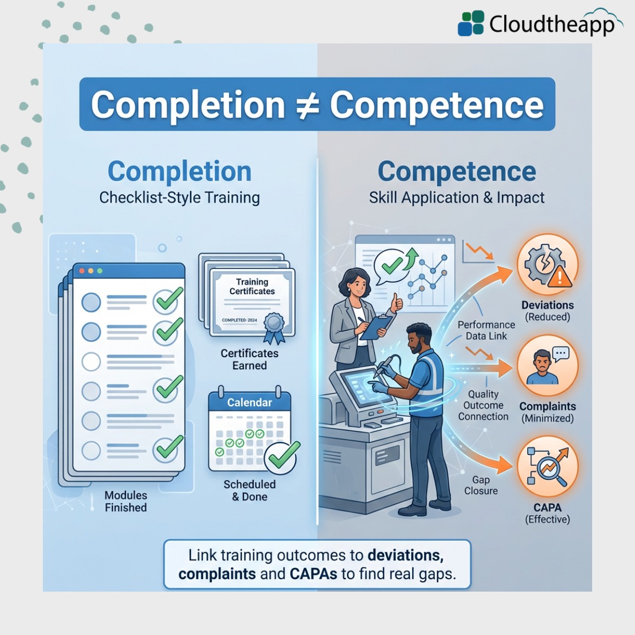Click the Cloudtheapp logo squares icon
click(x=470, y=23)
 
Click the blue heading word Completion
click(x=179, y=171)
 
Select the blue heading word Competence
click(x=457, y=171)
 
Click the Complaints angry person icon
click(x=547, y=365)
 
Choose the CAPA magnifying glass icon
click(x=547, y=466)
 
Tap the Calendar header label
click(x=249, y=402)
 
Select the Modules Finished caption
click(x=125, y=501)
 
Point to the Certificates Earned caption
click(x=249, y=359)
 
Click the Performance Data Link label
click(x=486, y=330)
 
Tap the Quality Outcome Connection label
click(x=483, y=405)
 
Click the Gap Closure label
click(x=480, y=485)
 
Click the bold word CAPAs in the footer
click(x=313, y=574)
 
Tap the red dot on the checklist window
click(x=81, y=271)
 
